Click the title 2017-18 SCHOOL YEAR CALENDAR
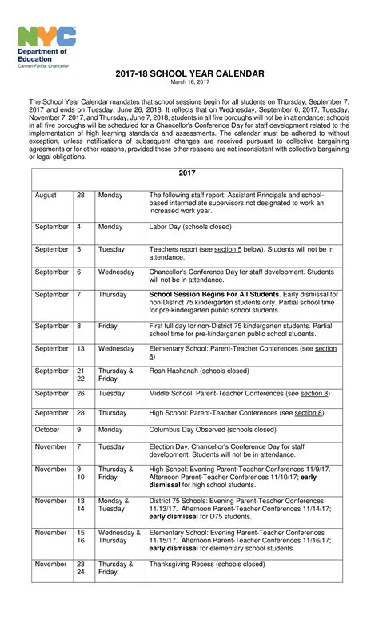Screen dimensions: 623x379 (189, 73)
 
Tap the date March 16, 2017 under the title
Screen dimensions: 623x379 (189, 82)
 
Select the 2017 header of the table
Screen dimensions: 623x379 (187, 173)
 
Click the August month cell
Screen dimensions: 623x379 (46, 195)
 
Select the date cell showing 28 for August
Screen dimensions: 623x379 (81, 195)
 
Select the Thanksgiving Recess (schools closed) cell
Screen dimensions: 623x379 (206, 564)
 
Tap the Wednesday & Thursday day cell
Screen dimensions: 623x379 (118, 536)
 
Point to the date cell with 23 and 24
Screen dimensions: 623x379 (81, 568)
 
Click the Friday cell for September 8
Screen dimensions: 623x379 (108, 326)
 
